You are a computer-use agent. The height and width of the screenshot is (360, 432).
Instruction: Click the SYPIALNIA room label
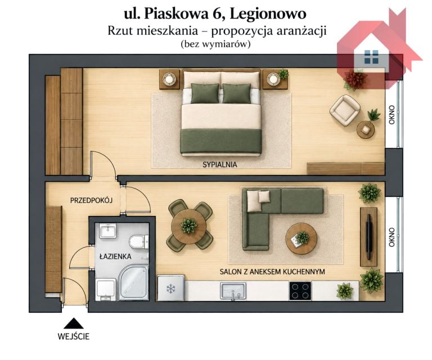(220, 165)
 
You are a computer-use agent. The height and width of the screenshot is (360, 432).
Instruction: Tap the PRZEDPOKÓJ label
(92, 200)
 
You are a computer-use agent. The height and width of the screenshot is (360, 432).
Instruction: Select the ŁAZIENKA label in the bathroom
(115, 256)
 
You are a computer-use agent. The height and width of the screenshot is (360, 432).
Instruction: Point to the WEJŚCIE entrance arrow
(74, 323)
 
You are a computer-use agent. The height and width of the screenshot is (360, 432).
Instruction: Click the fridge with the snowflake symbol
(171, 288)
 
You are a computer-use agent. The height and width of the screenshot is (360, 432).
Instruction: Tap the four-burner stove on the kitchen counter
(300, 291)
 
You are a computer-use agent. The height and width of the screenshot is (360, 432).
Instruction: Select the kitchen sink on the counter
(233, 291)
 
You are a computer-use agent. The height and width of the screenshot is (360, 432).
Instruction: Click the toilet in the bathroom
(139, 242)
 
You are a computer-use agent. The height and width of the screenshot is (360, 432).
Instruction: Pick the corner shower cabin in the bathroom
(134, 283)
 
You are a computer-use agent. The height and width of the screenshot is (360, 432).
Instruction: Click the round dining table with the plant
(189, 227)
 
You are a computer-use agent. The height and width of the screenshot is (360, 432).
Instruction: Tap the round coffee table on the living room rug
(301, 238)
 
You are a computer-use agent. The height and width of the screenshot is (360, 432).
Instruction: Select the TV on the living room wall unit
(369, 237)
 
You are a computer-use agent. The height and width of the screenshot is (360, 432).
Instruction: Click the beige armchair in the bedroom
(345, 110)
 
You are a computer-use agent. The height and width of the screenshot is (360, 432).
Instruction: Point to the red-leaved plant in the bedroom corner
(354, 79)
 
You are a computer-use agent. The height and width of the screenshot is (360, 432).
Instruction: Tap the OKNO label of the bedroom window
(391, 115)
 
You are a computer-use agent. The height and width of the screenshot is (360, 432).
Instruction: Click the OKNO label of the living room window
(391, 237)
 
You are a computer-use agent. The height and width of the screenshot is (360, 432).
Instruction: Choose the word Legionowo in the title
(268, 13)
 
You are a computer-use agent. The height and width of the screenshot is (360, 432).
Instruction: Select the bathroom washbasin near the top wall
(108, 231)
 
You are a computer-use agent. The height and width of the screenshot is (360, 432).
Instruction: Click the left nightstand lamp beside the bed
(168, 79)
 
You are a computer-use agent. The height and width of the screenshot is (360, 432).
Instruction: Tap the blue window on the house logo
(371, 57)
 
